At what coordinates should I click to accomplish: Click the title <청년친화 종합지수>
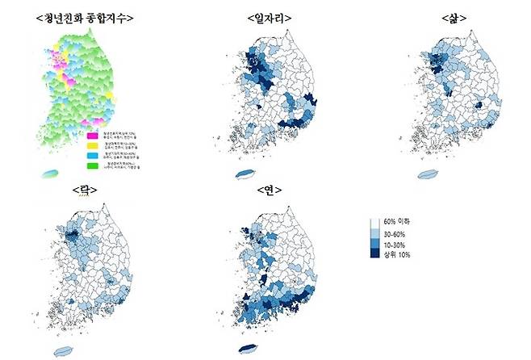click(86, 18)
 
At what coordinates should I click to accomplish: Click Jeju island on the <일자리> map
click(243, 174)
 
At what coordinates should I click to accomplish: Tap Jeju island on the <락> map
click(62, 351)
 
